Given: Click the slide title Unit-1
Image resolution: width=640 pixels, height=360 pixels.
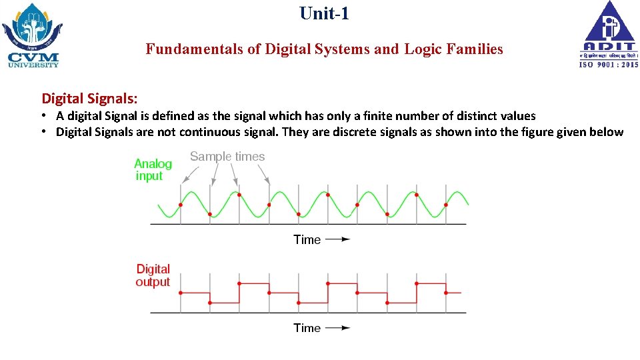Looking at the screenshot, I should click(x=324, y=13).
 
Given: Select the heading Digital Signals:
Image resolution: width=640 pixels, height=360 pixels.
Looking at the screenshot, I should click(x=90, y=99).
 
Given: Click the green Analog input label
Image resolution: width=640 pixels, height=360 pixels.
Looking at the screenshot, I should click(x=153, y=170).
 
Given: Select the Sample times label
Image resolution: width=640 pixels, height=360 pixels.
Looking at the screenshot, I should click(x=227, y=157).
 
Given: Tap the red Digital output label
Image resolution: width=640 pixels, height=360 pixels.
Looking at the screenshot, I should click(x=153, y=275).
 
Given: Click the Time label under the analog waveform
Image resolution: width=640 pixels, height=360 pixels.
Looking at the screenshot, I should click(x=307, y=239).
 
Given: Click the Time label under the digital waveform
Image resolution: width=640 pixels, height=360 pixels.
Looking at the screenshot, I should click(x=307, y=327).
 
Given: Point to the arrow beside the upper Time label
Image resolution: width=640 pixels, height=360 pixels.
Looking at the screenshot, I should click(x=337, y=239).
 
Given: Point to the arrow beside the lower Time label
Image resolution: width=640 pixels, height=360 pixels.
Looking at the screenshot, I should click(x=337, y=327).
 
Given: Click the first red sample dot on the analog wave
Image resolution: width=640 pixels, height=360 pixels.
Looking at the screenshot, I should click(x=181, y=205).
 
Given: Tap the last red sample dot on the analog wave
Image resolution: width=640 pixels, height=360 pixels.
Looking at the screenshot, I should click(x=446, y=205).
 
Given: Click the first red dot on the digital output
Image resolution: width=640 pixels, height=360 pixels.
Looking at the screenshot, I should click(x=181, y=292).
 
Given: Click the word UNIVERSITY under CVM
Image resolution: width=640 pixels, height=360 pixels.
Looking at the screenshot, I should click(x=33, y=65).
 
